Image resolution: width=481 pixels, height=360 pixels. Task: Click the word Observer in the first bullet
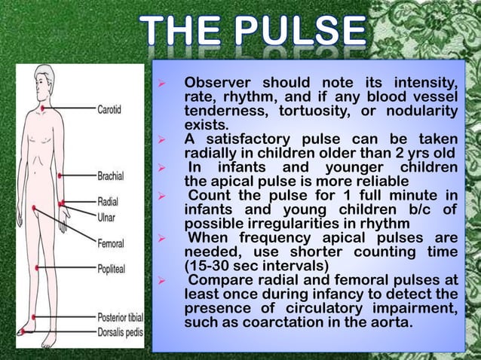click(x=219, y=82)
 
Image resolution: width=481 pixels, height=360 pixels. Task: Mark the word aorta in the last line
click(x=393, y=323)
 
